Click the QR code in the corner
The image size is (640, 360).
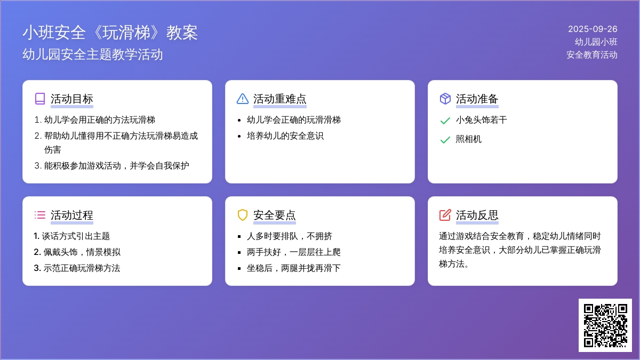tap(605, 325)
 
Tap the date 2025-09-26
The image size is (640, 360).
tap(593, 29)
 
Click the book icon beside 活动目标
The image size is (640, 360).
tap(40, 99)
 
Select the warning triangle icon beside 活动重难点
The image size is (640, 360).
tap(243, 99)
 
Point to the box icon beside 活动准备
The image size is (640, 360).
tap(445, 99)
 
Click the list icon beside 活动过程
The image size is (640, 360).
tap(40, 215)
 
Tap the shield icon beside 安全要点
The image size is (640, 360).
tap(243, 215)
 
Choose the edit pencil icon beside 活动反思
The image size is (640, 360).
tap(445, 215)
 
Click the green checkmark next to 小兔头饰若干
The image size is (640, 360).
tap(445, 121)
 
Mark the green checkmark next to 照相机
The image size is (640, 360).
tap(445, 140)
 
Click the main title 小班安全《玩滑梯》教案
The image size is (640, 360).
tap(110, 33)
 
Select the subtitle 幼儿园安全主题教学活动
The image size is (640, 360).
tap(93, 54)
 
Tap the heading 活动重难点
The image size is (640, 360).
tap(279, 99)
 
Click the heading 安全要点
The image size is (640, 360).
tap(274, 215)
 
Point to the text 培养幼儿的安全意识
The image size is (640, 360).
tap(285, 135)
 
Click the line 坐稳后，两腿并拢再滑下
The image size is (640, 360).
tap(293, 268)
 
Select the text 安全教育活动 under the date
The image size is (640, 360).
tap(591, 55)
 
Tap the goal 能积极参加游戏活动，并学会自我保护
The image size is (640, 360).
tap(117, 166)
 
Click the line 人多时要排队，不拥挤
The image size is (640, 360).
tap(290, 236)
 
